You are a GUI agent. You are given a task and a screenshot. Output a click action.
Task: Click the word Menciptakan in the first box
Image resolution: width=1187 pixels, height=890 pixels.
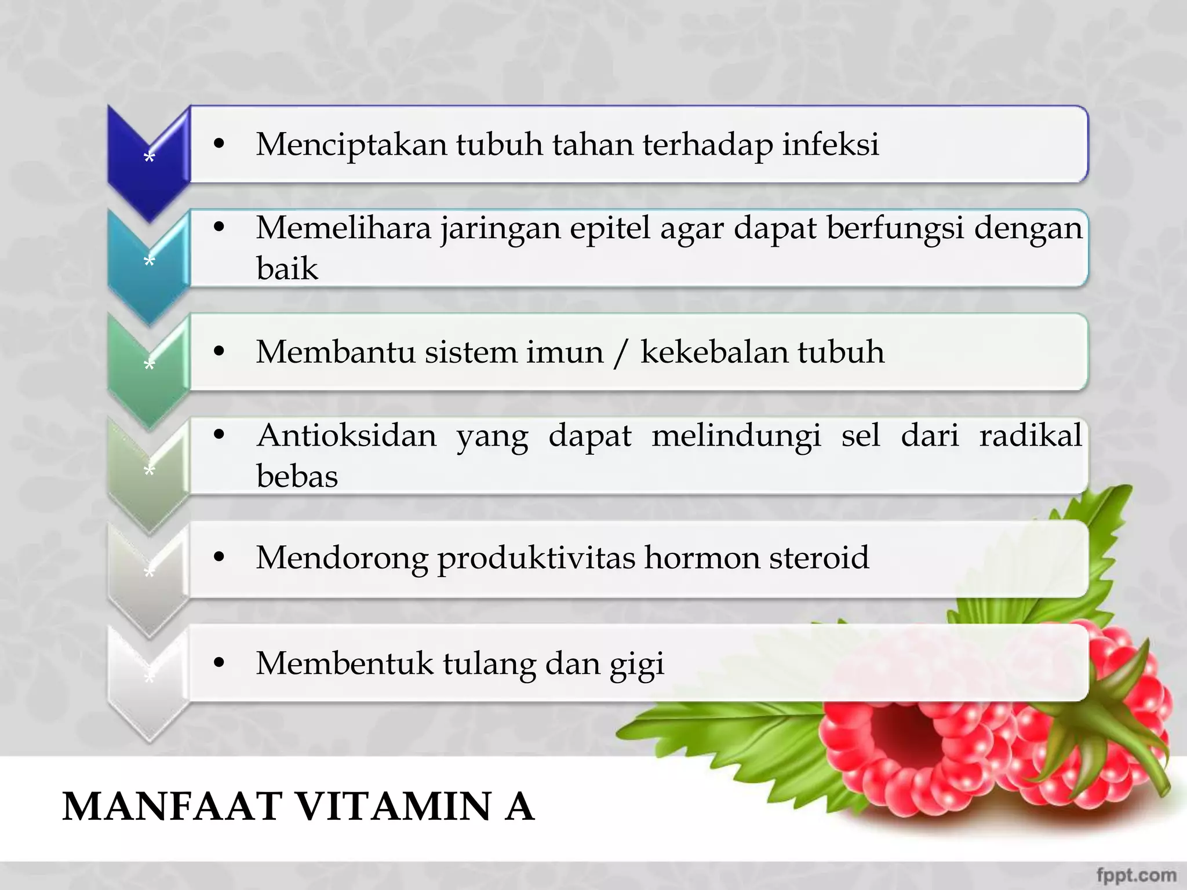coord(351,144)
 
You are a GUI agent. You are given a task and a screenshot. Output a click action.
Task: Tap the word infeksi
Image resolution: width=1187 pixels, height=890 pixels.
coord(831,144)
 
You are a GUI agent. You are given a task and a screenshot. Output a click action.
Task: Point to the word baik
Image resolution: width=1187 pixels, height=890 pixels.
coord(287,268)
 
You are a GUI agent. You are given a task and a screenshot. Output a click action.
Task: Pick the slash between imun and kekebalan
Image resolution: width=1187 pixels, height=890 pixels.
coord(621,353)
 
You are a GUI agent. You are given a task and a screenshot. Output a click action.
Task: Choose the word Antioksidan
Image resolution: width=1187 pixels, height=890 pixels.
coord(347,435)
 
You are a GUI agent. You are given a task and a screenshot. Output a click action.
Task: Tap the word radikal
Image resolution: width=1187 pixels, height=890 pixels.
coord(1031,435)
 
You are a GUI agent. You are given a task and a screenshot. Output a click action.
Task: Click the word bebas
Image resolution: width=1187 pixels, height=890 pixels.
coord(297,476)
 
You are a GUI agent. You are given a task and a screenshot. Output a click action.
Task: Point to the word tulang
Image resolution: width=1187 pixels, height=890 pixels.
coord(489,663)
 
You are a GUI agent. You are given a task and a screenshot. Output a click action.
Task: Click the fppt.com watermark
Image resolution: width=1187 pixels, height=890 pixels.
coord(1136,874)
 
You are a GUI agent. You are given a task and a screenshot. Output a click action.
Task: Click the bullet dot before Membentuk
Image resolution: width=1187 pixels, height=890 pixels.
coord(219,663)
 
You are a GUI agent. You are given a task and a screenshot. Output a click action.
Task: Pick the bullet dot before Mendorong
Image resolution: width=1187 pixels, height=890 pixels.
coord(219,557)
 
